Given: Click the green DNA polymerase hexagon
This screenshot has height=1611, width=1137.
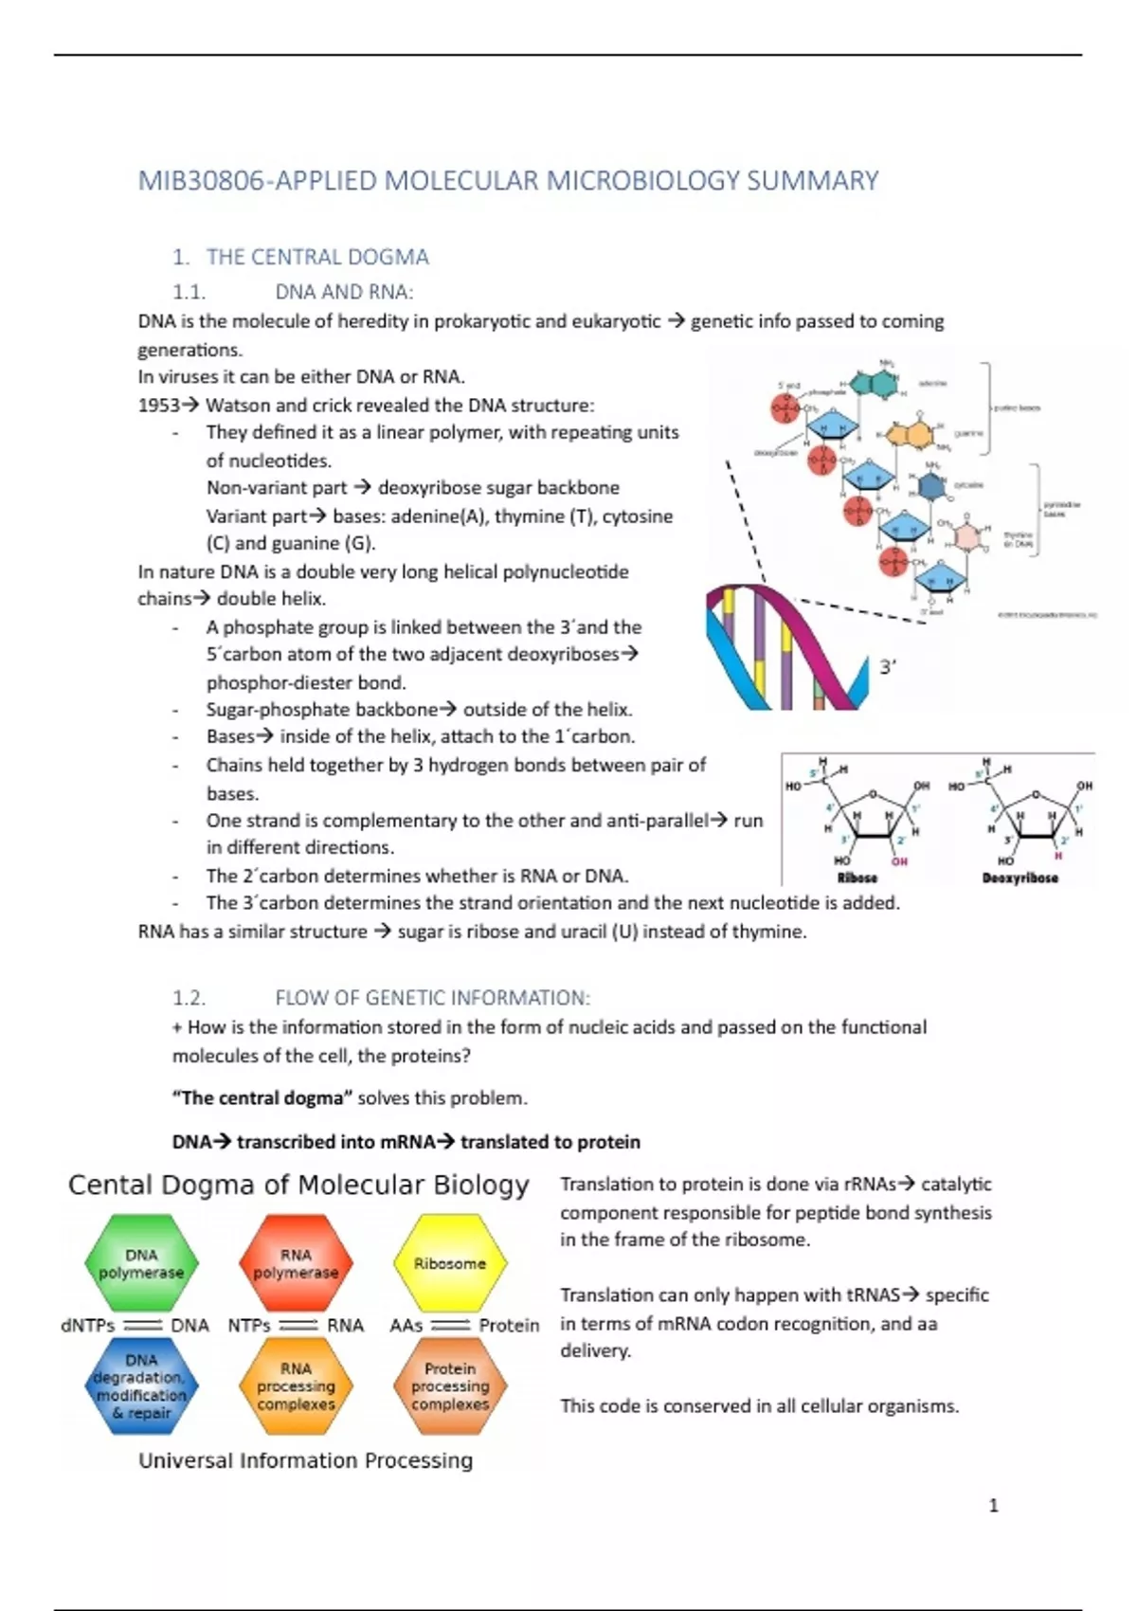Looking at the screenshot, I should pyautogui.click(x=141, y=1263).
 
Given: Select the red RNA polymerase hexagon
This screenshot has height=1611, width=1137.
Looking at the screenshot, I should pyautogui.click(x=296, y=1263).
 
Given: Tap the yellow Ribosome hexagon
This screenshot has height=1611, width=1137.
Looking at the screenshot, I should pyautogui.click(x=450, y=1263).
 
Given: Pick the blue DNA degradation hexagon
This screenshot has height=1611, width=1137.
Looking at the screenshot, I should pyautogui.click(x=141, y=1385).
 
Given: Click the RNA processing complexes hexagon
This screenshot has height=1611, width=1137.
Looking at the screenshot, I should pyautogui.click(x=296, y=1385).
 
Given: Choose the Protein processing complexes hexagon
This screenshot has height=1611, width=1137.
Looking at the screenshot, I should pyautogui.click(x=450, y=1385).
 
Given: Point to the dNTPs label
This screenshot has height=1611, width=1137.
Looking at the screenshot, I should pyautogui.click(x=87, y=1325).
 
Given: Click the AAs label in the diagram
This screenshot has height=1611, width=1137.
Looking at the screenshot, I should pyautogui.click(x=406, y=1325).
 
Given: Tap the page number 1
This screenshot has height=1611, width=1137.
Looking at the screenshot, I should pyautogui.click(x=993, y=1505).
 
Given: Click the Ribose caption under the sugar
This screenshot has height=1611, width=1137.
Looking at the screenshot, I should pyautogui.click(x=857, y=878).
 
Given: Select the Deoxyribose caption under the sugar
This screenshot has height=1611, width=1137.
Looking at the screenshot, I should pyautogui.click(x=1020, y=878).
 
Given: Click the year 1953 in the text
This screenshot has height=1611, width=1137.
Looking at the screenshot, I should pyautogui.click(x=158, y=406).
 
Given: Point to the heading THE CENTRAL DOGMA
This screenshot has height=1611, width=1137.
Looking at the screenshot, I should pyautogui.click(x=317, y=257).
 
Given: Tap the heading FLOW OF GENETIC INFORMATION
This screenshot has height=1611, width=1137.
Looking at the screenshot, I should pyautogui.click(x=432, y=998).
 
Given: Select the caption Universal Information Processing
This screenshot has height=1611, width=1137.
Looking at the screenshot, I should pyautogui.click(x=305, y=1460).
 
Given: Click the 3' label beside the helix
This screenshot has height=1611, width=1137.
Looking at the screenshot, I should pyautogui.click(x=888, y=667).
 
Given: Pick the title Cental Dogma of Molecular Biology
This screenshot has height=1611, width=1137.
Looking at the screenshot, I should pyautogui.click(x=298, y=1185).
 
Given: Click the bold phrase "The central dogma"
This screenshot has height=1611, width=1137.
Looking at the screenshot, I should pyautogui.click(x=262, y=1098).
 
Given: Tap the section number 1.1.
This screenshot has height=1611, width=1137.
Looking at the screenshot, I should pyautogui.click(x=189, y=292).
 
